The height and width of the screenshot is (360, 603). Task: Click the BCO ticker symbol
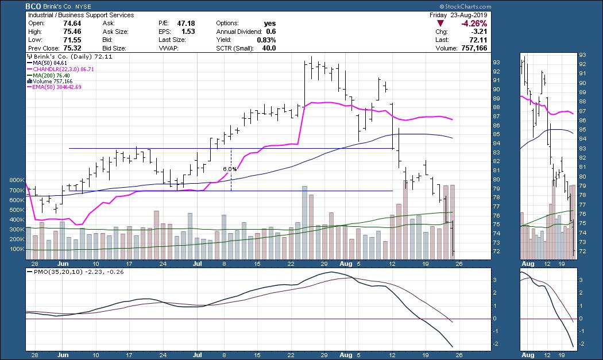tap(34, 6)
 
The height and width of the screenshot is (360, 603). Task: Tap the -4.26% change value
tap(474, 24)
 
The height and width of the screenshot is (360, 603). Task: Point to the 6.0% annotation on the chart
tap(230, 169)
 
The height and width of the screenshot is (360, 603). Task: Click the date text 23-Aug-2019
tap(470, 15)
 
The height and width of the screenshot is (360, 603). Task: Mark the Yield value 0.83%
tap(266, 40)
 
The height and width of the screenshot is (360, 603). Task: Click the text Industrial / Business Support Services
tap(81, 15)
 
